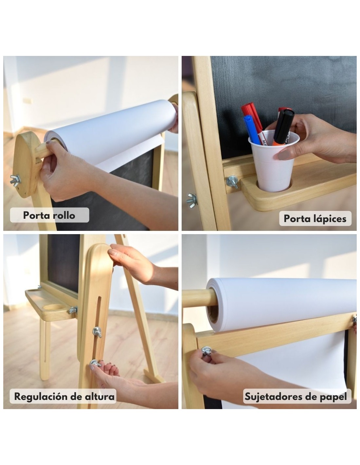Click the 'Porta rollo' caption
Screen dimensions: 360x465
click(49, 215)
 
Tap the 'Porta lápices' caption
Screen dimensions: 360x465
click(315, 219)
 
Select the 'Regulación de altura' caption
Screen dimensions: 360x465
click(64, 397)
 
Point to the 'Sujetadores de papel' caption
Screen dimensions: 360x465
click(296, 397)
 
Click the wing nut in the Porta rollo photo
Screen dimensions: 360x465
click(15, 179)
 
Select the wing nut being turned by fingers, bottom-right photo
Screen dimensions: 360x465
click(207, 351)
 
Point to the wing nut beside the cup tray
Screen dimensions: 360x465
click(232, 181)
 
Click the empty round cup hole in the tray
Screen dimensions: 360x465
click(52, 307)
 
